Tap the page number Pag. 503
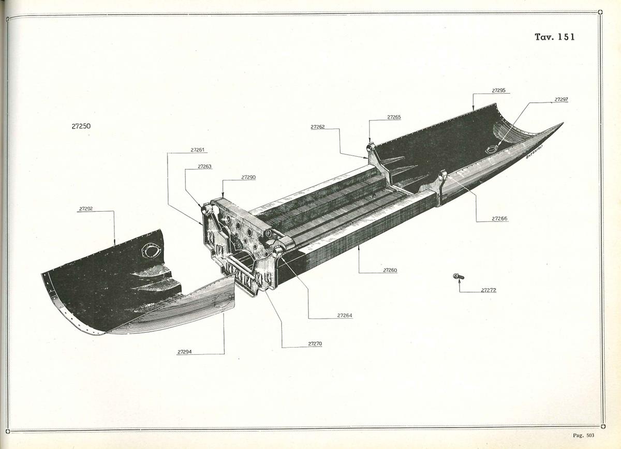coord(584,436)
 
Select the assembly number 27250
coord(81,126)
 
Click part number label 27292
coord(86,208)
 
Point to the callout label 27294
coord(184,352)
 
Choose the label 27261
coord(197,150)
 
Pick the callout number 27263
coord(204,167)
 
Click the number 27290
coord(248,177)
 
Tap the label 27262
coord(317,127)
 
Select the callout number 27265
coord(394,117)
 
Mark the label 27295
coord(499,91)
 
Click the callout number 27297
coord(561,99)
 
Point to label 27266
coord(499,218)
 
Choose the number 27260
coord(390,270)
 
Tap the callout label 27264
coord(345,316)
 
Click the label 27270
coord(315,343)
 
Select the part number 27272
coord(489,290)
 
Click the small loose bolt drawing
coord(459,276)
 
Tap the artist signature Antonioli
coord(534,152)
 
